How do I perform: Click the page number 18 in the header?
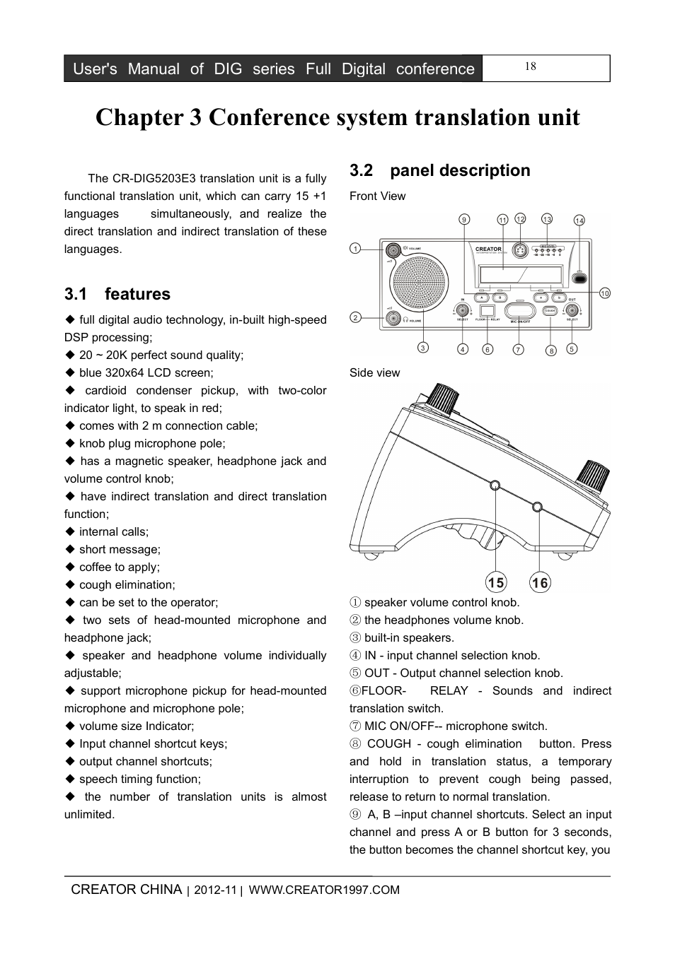[531, 66]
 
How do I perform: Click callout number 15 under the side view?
[496, 583]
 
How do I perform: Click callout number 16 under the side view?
[540, 583]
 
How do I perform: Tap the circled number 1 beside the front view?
[355, 248]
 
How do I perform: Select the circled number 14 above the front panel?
[579, 220]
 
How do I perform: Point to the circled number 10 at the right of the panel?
[604, 293]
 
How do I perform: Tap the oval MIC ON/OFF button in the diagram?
[520, 310]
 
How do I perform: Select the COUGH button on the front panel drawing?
[550, 310]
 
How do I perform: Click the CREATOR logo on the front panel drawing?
[488, 249]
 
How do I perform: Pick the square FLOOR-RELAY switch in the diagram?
[487, 310]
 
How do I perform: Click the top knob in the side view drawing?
[444, 400]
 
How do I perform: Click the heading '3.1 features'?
[117, 294]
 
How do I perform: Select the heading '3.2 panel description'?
[439, 170]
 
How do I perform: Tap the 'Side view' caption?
[374, 373]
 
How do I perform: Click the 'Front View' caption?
[377, 196]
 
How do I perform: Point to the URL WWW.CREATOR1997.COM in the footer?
[324, 890]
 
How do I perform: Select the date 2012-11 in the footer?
[215, 890]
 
